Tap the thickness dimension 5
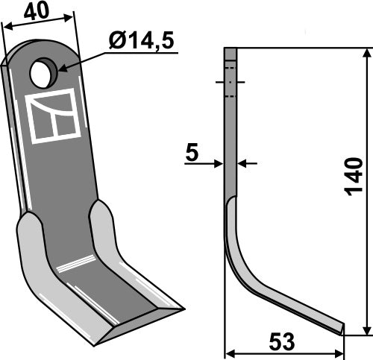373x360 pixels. tap(192, 154)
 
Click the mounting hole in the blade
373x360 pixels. tap(43, 73)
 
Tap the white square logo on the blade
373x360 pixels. tap(54, 116)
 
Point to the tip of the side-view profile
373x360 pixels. tap(342, 327)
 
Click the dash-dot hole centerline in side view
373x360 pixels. tap(231, 83)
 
